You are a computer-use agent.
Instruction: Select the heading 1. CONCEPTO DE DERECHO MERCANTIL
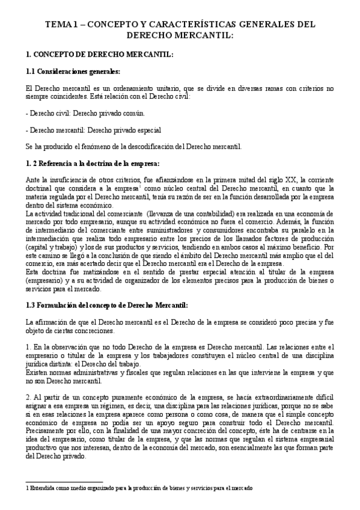point(100,55)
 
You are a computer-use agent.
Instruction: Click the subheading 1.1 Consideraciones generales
point(73,72)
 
